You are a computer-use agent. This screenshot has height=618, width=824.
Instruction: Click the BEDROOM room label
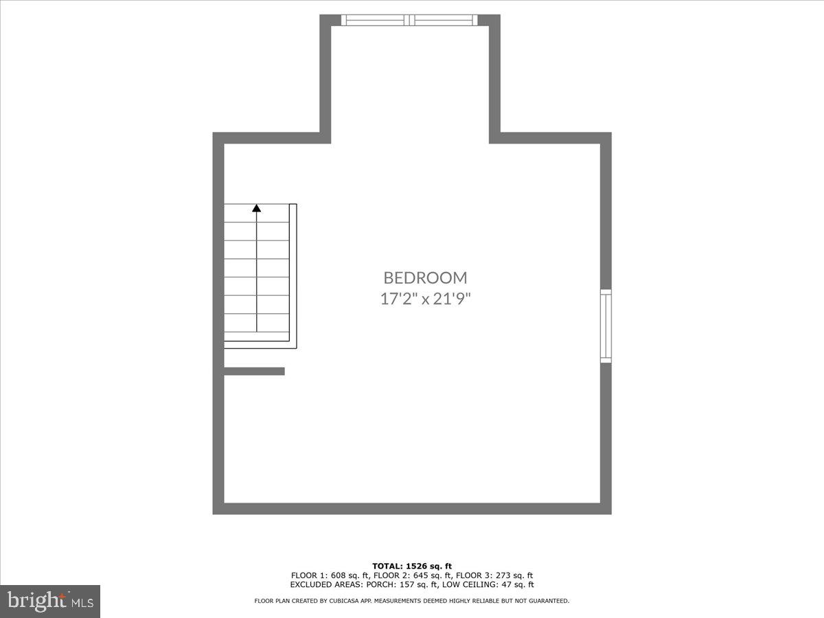(425, 277)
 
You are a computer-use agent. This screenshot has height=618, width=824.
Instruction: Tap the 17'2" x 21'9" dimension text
(425, 299)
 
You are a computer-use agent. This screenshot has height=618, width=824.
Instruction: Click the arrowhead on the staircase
(257, 207)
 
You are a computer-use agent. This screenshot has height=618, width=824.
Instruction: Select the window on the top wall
(410, 20)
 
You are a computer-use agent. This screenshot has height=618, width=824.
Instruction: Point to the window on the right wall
(606, 326)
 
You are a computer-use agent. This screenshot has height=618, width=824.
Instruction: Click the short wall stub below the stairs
(254, 371)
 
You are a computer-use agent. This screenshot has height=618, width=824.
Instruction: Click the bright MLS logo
(50, 601)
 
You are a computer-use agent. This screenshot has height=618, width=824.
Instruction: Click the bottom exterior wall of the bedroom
(412, 509)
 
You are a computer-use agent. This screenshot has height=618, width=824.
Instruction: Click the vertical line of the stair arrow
(257, 275)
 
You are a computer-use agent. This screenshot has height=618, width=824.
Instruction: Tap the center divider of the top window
(410, 20)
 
